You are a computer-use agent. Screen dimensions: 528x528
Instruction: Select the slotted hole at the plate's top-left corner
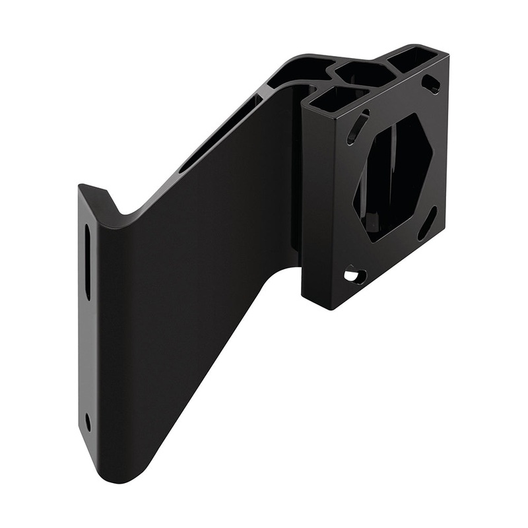[x=358, y=126]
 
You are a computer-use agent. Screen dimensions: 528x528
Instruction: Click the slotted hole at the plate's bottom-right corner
[x=428, y=223]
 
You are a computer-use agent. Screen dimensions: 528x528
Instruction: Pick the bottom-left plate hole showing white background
[x=356, y=275]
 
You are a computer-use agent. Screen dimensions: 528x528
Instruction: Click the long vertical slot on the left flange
[x=87, y=261]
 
